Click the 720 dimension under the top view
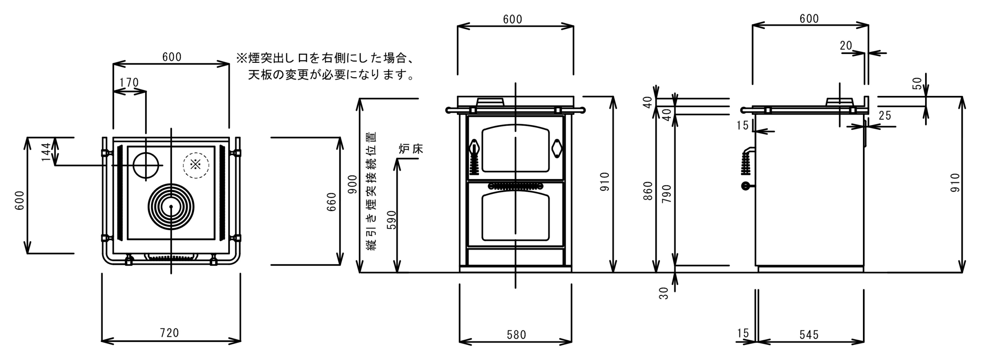pos(169,332)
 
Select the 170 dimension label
pos(129,82)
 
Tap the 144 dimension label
pos(46,152)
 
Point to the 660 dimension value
pos(331,202)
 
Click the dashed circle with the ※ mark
pos(196,165)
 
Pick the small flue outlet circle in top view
pos(146,165)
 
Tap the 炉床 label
pos(410,149)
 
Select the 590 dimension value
pos(391,220)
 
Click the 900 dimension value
pos(353,184)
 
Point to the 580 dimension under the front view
pos(516,335)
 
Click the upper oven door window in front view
pos(515,148)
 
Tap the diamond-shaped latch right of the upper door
pos(557,148)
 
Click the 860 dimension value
pos(648,191)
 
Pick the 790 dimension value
pos(667,194)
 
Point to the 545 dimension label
pos(809,335)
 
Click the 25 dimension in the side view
pos(884,115)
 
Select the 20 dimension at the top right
pos(846,46)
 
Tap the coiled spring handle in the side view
pos(745,164)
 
